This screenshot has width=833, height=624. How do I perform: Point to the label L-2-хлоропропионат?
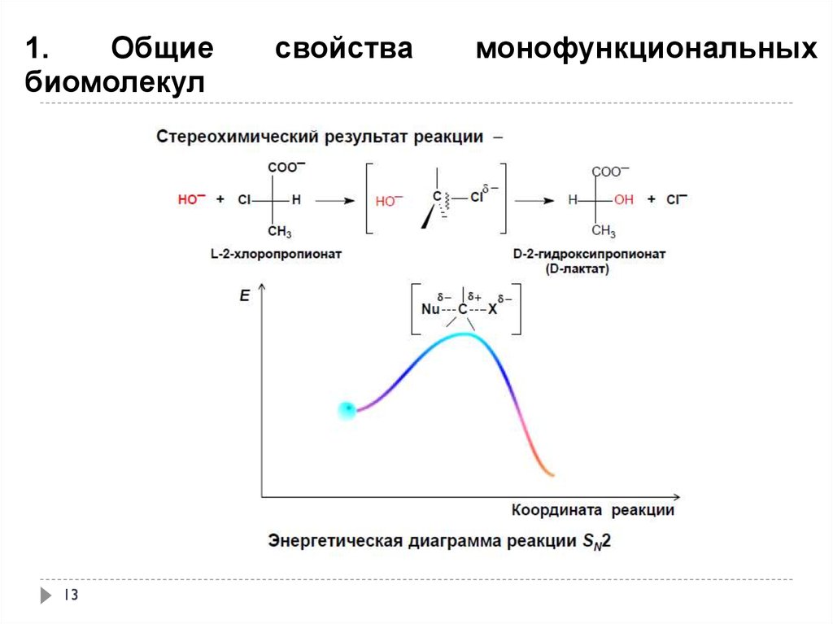click(275, 254)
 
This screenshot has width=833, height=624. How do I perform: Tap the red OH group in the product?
click(623, 199)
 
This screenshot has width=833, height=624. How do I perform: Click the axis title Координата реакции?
click(593, 510)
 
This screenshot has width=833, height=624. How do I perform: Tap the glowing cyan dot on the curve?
click(347, 410)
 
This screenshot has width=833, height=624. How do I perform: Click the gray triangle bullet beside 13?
click(46, 596)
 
